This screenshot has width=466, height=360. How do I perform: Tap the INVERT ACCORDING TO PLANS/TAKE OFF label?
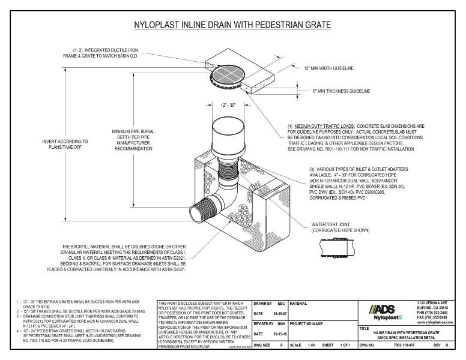point(65,144)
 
